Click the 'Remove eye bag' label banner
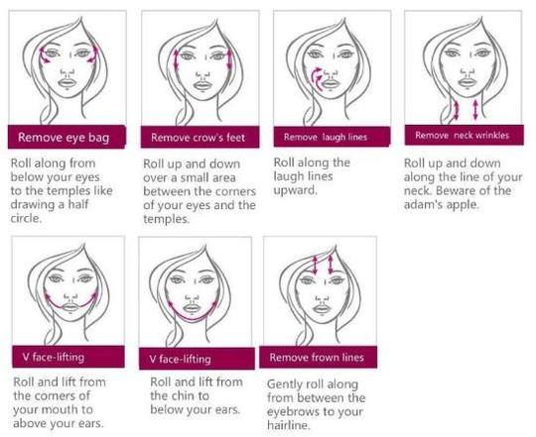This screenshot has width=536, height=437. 67,137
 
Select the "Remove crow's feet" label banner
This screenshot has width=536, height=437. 198,137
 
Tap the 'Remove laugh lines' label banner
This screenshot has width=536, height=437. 329,137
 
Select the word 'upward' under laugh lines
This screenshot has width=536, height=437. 299,191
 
